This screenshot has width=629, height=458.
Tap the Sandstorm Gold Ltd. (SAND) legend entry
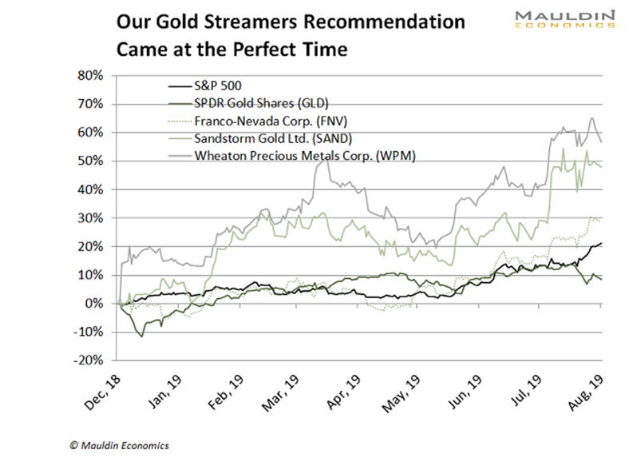tap(247, 137)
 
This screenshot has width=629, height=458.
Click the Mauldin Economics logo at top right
tap(564, 20)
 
